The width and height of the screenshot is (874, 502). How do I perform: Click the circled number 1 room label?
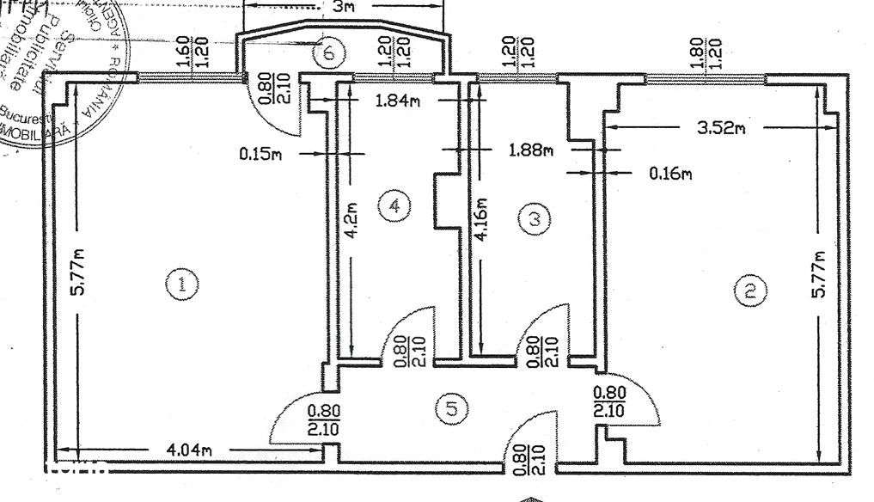tap(181, 284)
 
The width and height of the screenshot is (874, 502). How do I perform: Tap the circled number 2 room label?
tap(749, 291)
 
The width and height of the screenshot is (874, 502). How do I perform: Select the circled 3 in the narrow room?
tap(535, 219)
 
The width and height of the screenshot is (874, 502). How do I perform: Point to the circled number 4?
tap(394, 205)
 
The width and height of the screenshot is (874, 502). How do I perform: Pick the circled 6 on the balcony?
tap(327, 53)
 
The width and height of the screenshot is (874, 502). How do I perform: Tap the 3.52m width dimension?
tap(719, 128)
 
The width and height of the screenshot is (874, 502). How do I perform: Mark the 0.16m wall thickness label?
tap(669, 174)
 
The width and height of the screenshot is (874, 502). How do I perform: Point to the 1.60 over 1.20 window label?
tap(192, 53)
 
